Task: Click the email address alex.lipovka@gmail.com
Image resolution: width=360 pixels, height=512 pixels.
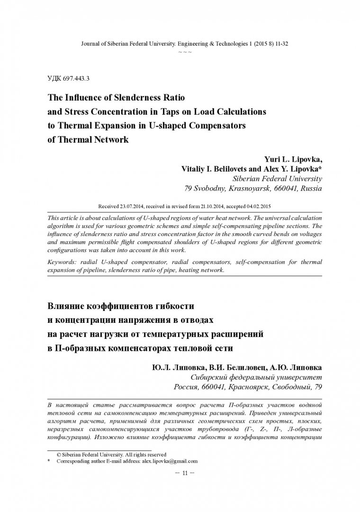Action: coord(170,461)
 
